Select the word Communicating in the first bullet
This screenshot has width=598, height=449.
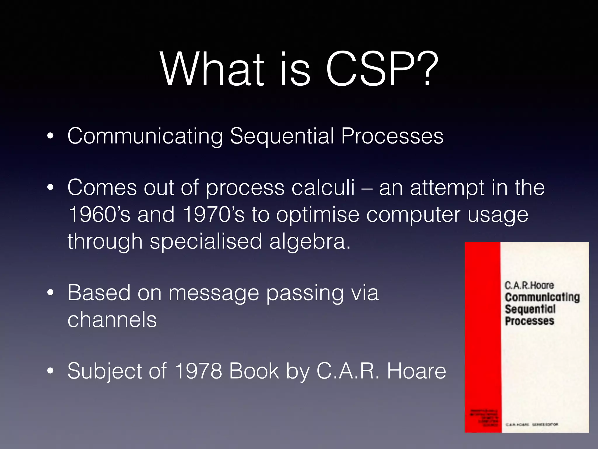coord(145,136)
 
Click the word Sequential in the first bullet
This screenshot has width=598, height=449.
coord(282,136)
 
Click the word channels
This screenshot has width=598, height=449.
coord(112,320)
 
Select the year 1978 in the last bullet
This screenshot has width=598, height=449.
coord(198,371)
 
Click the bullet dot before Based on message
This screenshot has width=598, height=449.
coord(51,293)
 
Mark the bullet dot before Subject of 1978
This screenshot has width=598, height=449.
coord(51,371)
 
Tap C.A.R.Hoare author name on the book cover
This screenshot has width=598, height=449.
coord(529,285)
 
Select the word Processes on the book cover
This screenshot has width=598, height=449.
coord(529,321)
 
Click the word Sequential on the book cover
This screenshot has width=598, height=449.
coord(530,309)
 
